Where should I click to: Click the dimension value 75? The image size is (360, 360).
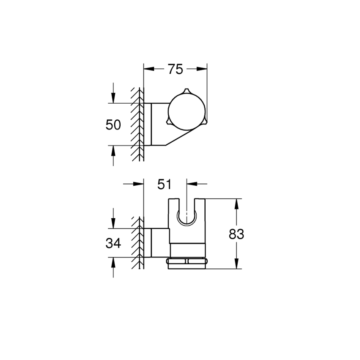pyautogui.click(x=175, y=69)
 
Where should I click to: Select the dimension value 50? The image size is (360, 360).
pyautogui.click(x=113, y=124)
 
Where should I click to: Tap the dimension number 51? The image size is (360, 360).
pyautogui.click(x=165, y=184)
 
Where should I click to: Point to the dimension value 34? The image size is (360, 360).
pyautogui.click(x=113, y=243)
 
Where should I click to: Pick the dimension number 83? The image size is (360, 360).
pyautogui.click(x=236, y=234)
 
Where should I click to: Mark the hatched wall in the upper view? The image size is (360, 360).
pyautogui.click(x=137, y=124)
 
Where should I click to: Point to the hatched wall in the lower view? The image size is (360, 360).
pyautogui.click(x=137, y=243)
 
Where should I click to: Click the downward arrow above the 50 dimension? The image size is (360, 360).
pyautogui.click(x=113, y=99)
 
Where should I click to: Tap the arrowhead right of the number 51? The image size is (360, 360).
pyautogui.click(x=191, y=184)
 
